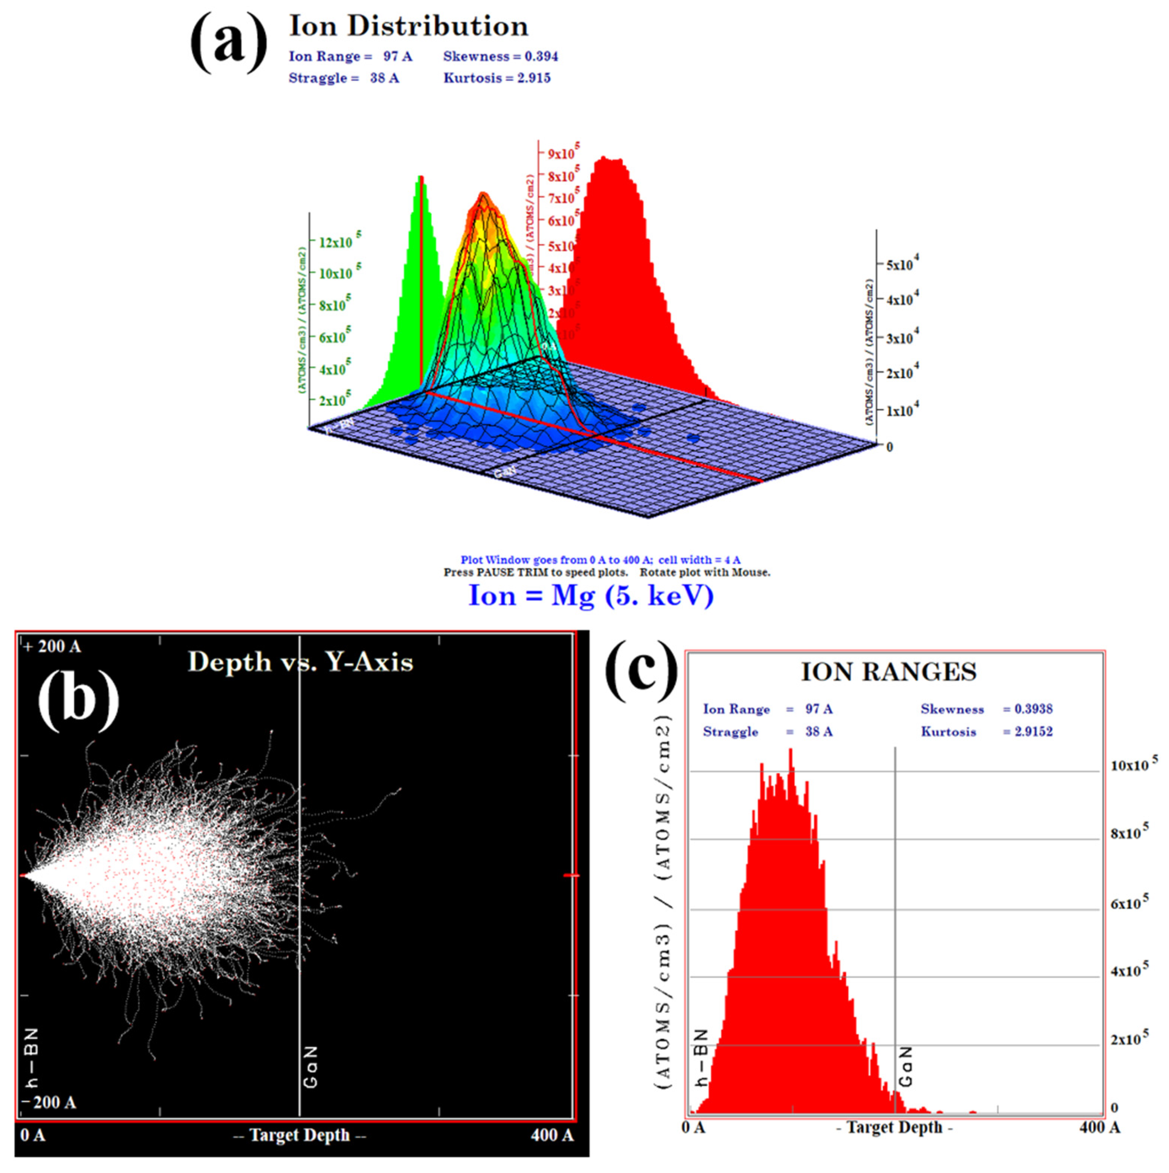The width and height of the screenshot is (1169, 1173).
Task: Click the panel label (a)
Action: (228, 44)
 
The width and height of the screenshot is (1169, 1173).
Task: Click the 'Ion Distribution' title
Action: (408, 26)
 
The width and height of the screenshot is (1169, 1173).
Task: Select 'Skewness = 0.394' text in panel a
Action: (500, 56)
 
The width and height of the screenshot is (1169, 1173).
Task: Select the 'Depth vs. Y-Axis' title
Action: (300, 662)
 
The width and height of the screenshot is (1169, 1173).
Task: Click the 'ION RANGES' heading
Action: (888, 672)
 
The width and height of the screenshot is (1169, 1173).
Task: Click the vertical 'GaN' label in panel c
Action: (905, 1067)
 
